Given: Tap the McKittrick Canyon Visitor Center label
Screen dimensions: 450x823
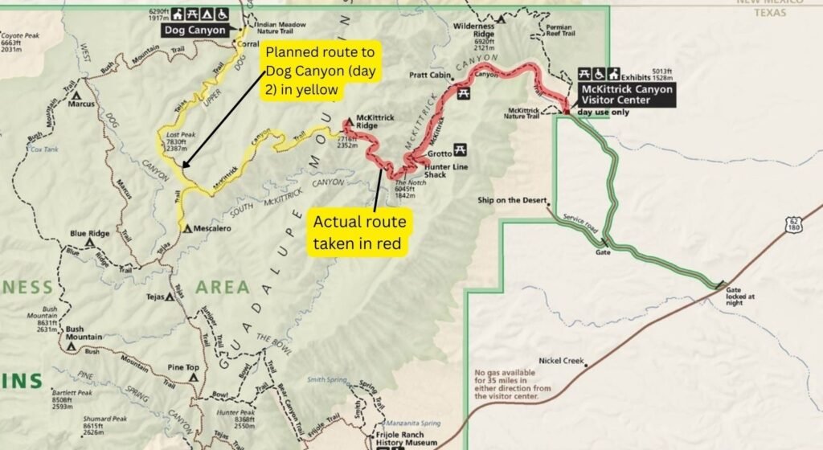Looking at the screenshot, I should click(x=628, y=95).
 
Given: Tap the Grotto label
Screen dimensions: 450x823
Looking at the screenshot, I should click(x=440, y=153).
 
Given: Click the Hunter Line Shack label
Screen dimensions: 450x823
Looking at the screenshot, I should click(x=425, y=170).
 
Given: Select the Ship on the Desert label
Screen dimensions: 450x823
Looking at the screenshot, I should click(x=512, y=199).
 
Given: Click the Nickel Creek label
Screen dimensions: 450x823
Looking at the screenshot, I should click(x=562, y=361).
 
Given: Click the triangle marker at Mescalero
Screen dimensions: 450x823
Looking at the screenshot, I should click(x=187, y=229).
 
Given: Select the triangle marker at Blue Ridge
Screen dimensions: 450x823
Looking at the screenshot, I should click(x=91, y=241).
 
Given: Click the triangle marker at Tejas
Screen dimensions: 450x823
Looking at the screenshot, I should click(x=170, y=297).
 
